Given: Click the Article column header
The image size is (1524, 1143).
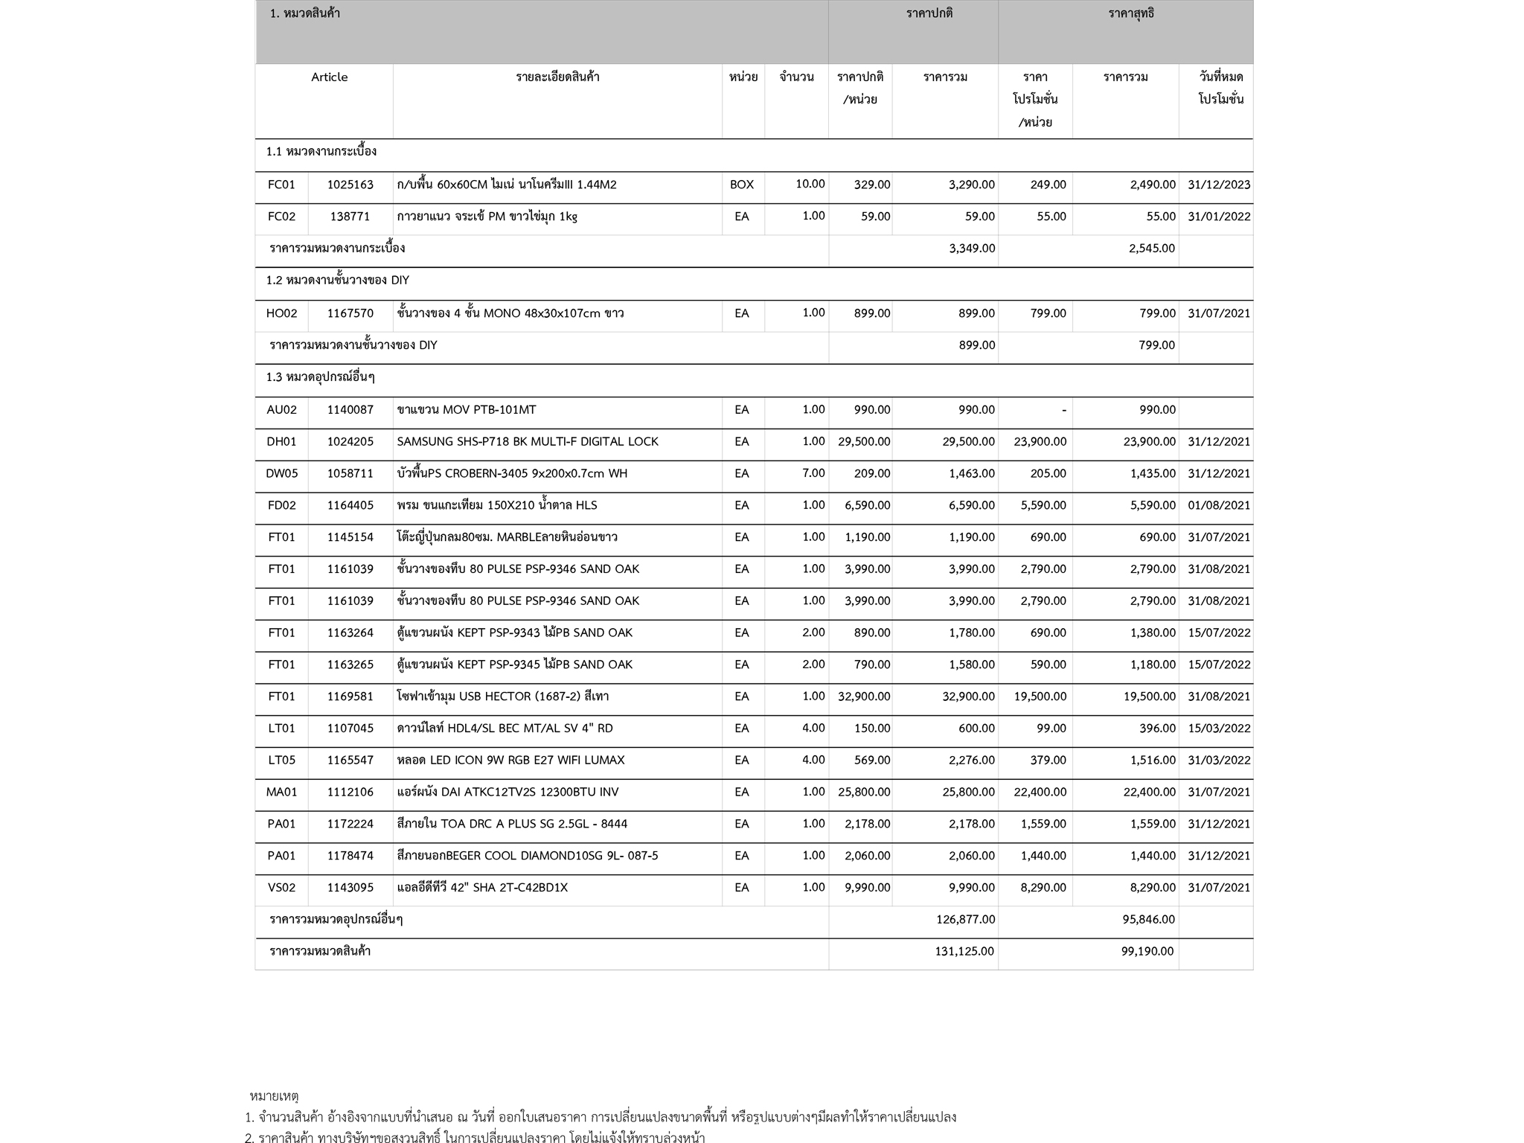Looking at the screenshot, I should [329, 77].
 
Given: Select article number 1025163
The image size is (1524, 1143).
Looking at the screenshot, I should [350, 185].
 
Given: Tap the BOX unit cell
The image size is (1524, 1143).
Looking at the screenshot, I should [741, 185].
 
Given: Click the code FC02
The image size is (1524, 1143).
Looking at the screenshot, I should [281, 217].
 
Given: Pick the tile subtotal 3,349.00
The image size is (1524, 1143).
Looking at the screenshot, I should [971, 249].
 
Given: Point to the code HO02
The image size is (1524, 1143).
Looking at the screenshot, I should [281, 313].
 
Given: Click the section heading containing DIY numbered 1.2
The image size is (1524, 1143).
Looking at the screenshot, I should [337, 281].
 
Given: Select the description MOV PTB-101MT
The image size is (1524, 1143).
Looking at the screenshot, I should [466, 410].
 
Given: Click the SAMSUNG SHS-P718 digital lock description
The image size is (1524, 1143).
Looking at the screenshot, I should [527, 442].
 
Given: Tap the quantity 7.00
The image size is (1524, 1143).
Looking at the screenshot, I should [813, 473].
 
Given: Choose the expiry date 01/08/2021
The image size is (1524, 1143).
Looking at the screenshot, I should [1218, 505].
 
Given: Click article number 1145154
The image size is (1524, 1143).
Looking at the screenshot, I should [350, 537].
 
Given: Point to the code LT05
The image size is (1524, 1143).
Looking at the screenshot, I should [281, 761].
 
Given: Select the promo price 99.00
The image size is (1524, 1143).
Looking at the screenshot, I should [1051, 729].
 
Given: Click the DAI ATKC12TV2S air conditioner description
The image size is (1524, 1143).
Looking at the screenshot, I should [507, 793].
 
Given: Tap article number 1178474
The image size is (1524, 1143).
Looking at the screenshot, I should [350, 856].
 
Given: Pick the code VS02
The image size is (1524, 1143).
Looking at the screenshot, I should [281, 888].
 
